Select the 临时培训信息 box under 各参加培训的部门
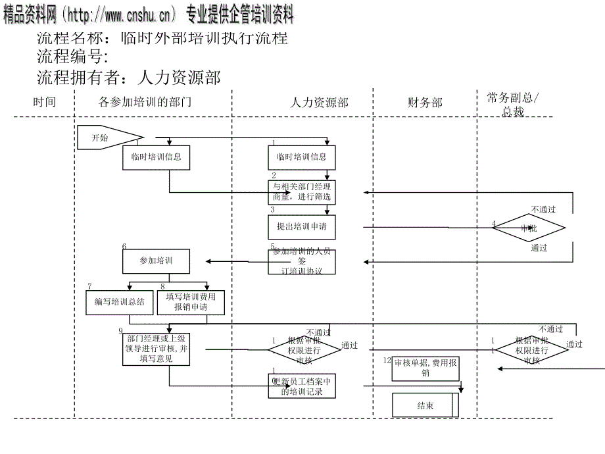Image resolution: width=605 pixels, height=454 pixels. click(156, 158)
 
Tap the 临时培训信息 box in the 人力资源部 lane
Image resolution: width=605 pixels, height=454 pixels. click(301, 158)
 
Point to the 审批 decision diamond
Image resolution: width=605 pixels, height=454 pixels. click(529, 228)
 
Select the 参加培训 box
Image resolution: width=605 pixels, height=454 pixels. click(156, 261)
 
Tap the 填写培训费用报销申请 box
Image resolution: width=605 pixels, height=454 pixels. click(191, 302)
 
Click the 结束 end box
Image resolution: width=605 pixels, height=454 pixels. click(425, 405)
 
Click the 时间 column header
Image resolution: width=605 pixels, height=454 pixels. click(45, 102)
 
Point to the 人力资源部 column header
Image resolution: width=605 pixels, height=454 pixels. click(319, 103)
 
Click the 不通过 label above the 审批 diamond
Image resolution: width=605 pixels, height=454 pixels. click(543, 210)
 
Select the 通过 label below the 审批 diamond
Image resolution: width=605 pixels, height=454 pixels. click(539, 249)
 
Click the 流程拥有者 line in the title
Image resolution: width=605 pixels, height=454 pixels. click(129, 78)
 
